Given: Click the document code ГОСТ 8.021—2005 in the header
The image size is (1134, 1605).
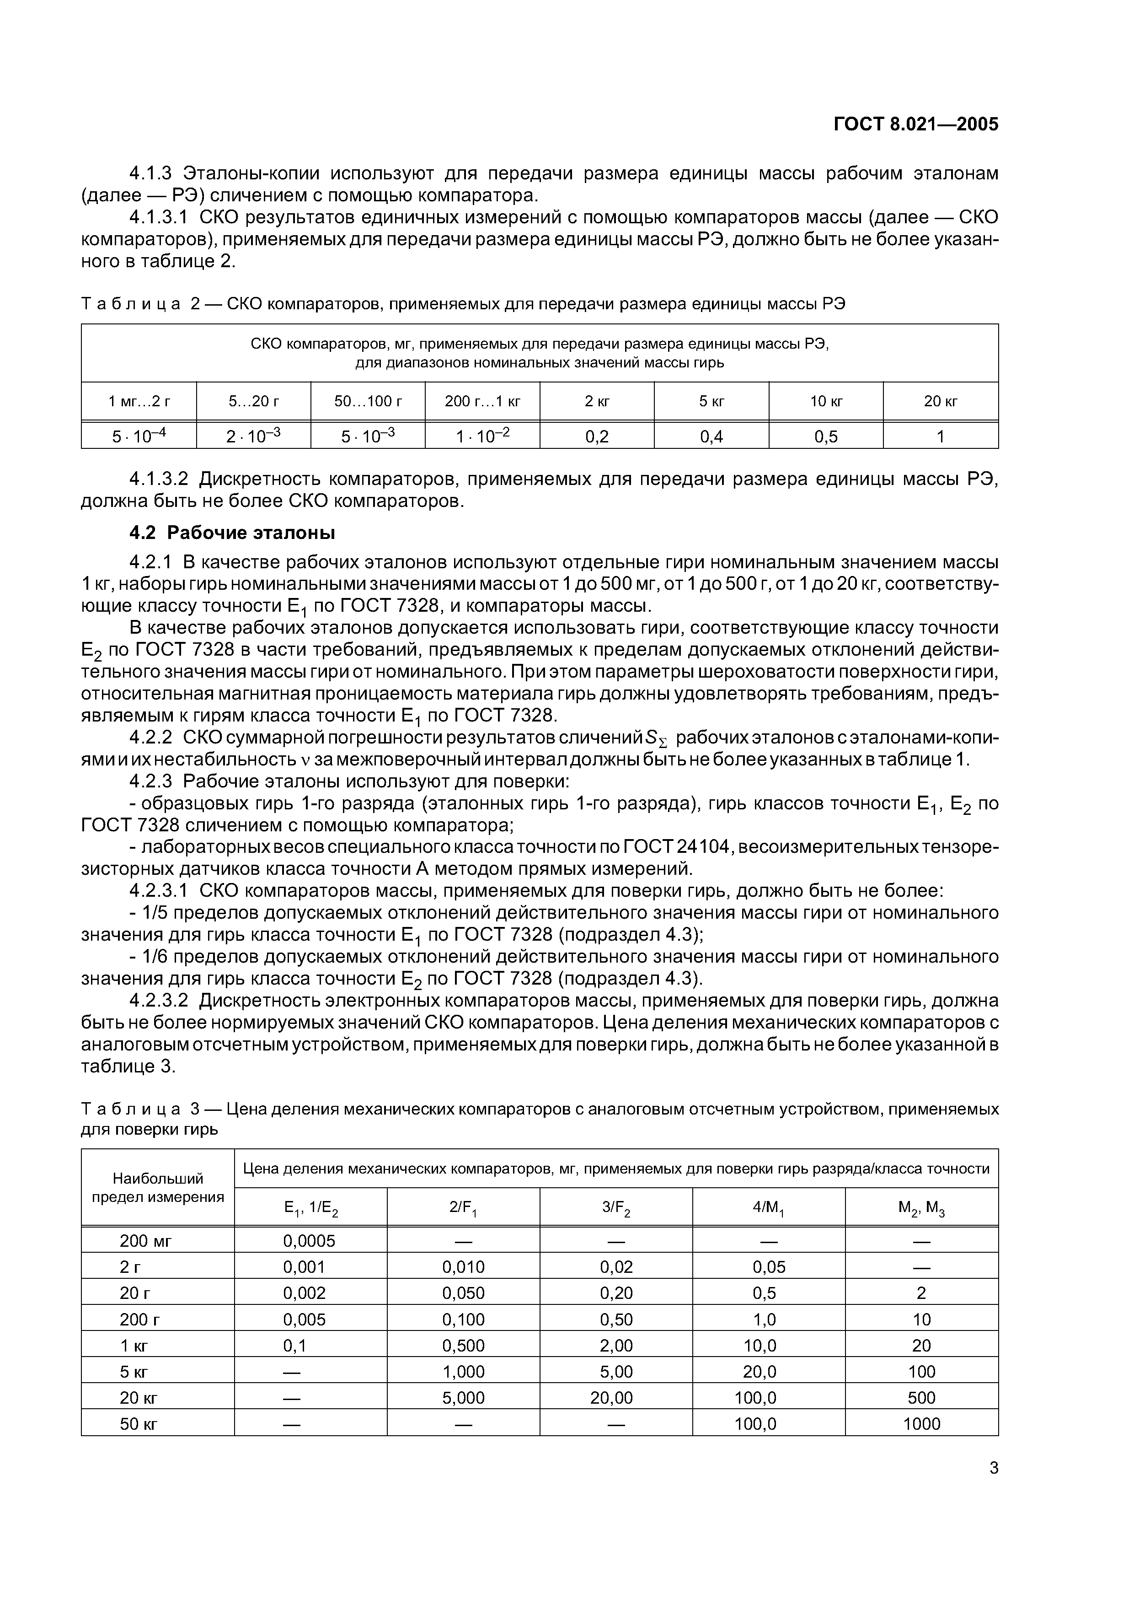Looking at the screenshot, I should pyautogui.click(x=916, y=124).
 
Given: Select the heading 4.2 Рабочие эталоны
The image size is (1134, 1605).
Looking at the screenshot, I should pyautogui.click(x=233, y=533).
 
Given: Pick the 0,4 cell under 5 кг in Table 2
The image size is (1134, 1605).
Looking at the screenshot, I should pyautogui.click(x=711, y=437).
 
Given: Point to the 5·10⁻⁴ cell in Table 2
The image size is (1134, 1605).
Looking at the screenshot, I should pyautogui.click(x=139, y=437).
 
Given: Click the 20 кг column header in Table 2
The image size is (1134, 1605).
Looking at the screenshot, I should pyautogui.click(x=941, y=401).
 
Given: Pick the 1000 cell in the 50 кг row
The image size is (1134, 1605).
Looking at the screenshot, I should pyautogui.click(x=921, y=1424).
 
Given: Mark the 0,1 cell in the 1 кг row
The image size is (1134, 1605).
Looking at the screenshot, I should pyautogui.click(x=295, y=1346).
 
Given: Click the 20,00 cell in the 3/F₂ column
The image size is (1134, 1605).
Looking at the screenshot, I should pyautogui.click(x=615, y=1398).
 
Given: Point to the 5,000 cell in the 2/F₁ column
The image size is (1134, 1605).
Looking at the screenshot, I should pyautogui.click(x=463, y=1398).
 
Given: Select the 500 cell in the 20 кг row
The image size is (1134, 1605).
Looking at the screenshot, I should pyautogui.click(x=921, y=1398).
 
